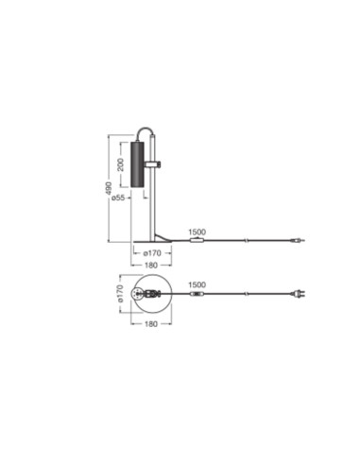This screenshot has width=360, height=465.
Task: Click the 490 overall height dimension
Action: pos(108,188)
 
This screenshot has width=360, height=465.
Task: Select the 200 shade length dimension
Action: pos(120,164)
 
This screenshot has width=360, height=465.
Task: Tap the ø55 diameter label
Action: pos(118,198)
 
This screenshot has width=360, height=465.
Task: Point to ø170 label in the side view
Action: pos(152,253)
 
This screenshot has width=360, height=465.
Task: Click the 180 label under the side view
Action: pos(151,266)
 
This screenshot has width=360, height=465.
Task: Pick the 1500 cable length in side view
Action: pos(197,232)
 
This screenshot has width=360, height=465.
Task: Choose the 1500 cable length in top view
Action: pos(197,284)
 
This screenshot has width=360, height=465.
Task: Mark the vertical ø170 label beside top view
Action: pos(120,294)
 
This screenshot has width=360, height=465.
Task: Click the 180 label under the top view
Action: pos(151,324)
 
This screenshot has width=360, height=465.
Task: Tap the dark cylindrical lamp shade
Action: pos(137,164)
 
